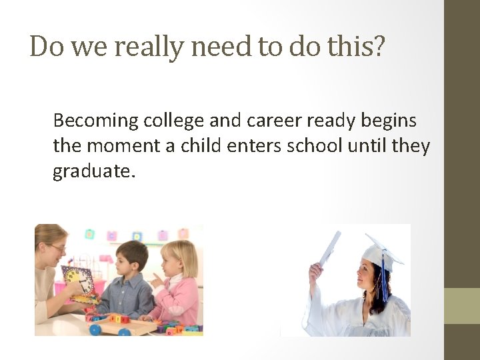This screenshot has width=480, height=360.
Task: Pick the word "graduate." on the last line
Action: click(x=94, y=171)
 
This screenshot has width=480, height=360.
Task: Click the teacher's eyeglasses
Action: click(x=57, y=248)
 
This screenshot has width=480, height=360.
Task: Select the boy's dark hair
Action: click(x=131, y=253)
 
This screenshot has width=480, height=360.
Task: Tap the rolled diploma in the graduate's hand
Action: click(x=329, y=248)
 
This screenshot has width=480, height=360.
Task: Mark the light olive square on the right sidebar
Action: click(x=462, y=306)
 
